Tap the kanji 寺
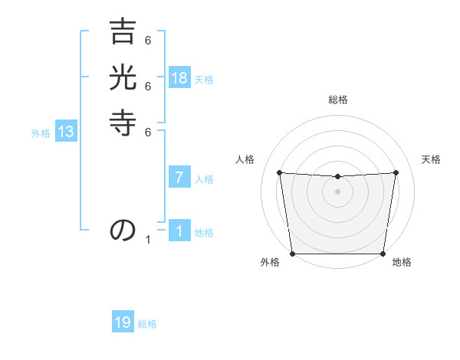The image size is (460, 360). click(x=122, y=123)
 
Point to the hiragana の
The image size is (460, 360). click(x=122, y=229)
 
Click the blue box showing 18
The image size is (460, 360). click(x=179, y=78)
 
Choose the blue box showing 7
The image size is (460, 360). click(x=179, y=178)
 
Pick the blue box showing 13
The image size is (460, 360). click(x=66, y=132)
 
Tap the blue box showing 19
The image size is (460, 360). click(x=123, y=323)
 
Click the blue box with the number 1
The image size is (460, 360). click(x=179, y=231)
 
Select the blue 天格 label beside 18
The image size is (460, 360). click(x=204, y=80)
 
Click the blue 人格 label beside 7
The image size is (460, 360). click(x=204, y=179)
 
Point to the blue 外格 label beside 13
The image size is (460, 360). click(x=41, y=133)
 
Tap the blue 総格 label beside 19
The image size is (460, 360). click(x=147, y=324)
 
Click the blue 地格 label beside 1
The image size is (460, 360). click(x=204, y=233)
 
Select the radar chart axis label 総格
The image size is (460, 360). click(x=338, y=100)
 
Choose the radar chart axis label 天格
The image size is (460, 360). click(x=432, y=159)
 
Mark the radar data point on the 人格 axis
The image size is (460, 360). click(x=280, y=172)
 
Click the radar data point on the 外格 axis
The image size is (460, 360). click(x=292, y=254)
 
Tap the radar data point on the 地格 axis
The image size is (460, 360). click(x=383, y=254)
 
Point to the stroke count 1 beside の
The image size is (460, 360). click(x=149, y=240)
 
